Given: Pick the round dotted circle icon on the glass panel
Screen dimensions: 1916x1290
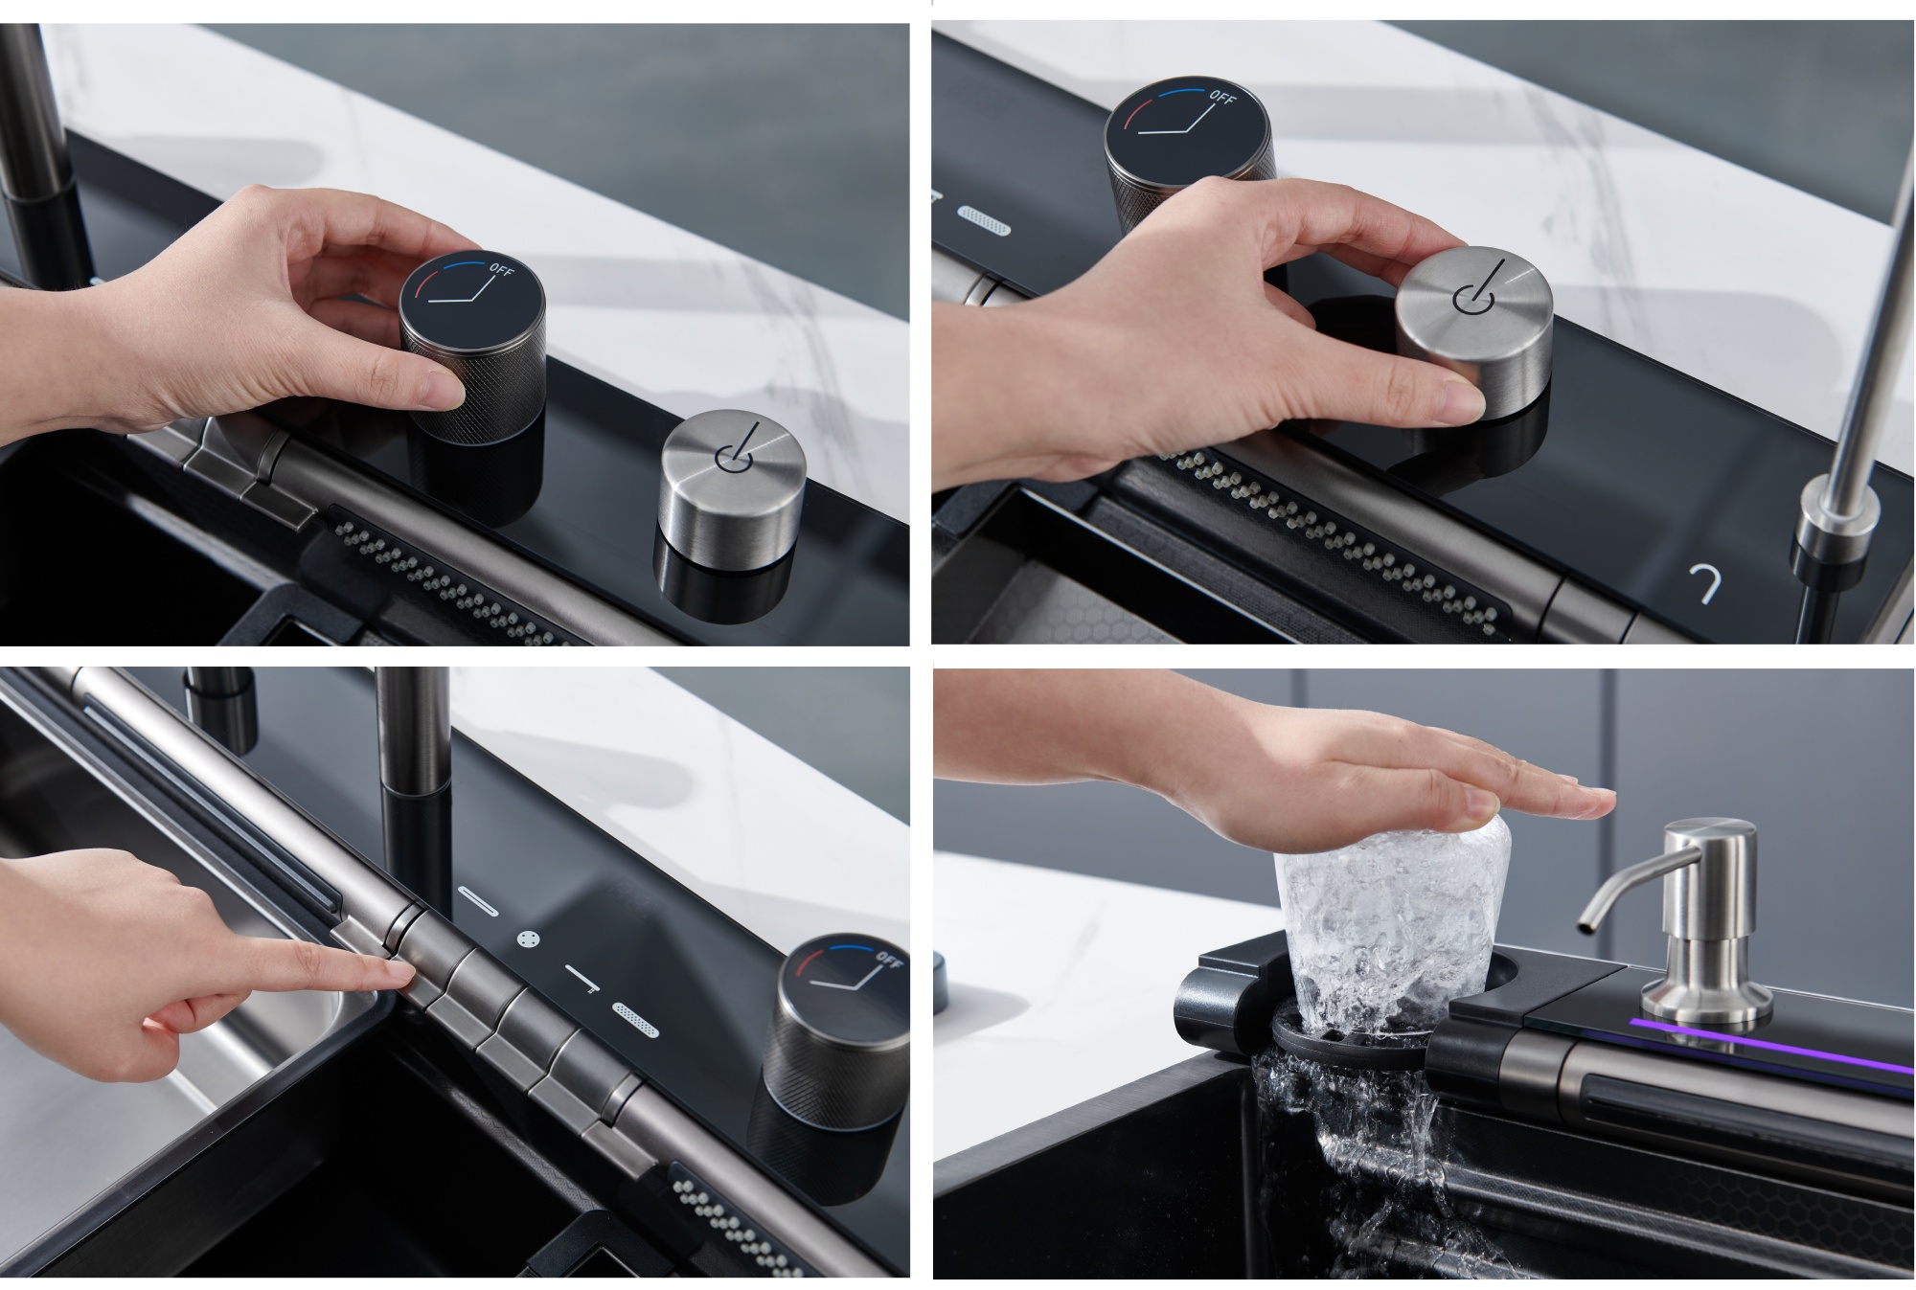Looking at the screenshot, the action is (x=527, y=939).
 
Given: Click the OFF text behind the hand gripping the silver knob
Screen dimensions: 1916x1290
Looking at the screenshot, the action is (x=1222, y=98).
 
